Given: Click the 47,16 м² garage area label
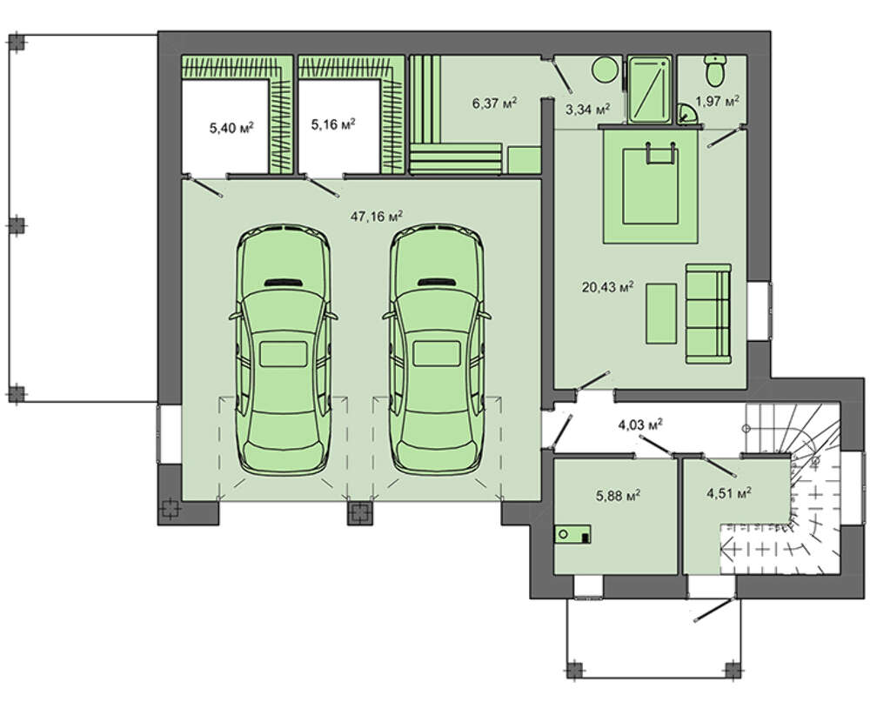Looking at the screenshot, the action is click(x=376, y=216).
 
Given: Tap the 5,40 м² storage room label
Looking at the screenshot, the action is click(x=231, y=128).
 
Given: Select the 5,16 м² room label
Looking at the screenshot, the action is click(x=333, y=124).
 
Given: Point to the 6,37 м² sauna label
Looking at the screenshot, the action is click(x=494, y=103).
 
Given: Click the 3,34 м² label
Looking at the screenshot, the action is click(x=587, y=109).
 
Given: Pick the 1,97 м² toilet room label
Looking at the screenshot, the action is click(x=717, y=101).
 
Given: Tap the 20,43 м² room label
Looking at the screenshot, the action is click(x=608, y=287).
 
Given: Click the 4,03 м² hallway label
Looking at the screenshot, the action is click(x=641, y=425).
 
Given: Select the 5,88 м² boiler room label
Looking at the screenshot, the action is click(x=619, y=495).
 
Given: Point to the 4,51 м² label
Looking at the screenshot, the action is click(x=729, y=492).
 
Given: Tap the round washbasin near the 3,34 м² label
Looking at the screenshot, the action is click(x=605, y=70).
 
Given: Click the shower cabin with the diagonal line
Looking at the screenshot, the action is click(x=650, y=90).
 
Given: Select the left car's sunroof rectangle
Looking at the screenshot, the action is click(x=284, y=354).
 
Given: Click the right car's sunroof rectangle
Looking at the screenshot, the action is click(x=437, y=354).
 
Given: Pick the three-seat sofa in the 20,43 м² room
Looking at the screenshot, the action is click(x=708, y=314).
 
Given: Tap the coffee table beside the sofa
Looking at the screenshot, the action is click(x=661, y=313).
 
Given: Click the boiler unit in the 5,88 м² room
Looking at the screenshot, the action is click(x=572, y=535).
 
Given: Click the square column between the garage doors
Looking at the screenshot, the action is click(x=360, y=513).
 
